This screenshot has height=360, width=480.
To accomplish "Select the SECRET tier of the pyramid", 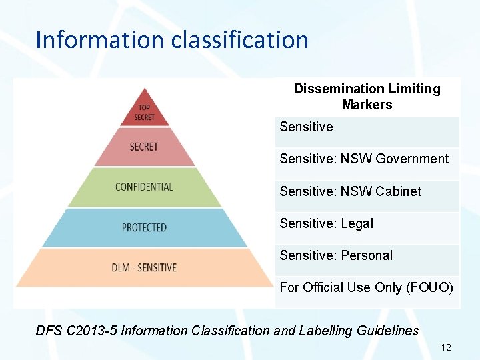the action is pyautogui.click(x=144, y=147).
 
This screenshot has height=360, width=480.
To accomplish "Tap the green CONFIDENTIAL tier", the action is pyautogui.click(x=144, y=187).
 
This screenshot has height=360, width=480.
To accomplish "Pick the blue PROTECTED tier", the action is pyautogui.click(x=144, y=227).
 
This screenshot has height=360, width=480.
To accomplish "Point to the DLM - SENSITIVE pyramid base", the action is pyautogui.click(x=144, y=267).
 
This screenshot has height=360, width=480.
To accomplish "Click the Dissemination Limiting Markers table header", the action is pyautogui.click(x=367, y=97).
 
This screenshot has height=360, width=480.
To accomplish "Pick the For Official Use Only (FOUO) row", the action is pyautogui.click(x=366, y=287).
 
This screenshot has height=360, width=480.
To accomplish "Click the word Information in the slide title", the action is pyautogui.click(x=101, y=40).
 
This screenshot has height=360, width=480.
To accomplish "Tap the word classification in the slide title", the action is pyautogui.click(x=240, y=40).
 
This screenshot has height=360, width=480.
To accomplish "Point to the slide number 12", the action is pyautogui.click(x=446, y=347).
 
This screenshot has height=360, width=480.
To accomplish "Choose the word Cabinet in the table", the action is pyautogui.click(x=398, y=191).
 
